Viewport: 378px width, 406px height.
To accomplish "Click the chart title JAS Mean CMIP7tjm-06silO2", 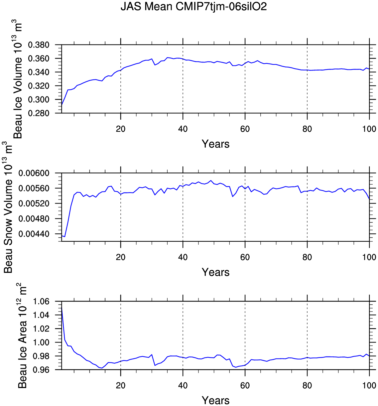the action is (x=193, y=7).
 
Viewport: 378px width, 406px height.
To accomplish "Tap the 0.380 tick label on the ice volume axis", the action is (x=39, y=45).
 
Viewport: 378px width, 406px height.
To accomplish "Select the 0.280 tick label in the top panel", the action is (x=39, y=113).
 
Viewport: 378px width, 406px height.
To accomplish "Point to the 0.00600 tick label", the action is (x=34, y=173).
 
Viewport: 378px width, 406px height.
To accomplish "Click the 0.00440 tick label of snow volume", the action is (x=34, y=234).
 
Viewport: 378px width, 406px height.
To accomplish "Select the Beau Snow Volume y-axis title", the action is (x=8, y=207).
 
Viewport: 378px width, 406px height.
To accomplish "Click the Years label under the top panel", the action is (x=215, y=144).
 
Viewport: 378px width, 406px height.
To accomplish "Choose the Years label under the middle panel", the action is (x=215, y=272).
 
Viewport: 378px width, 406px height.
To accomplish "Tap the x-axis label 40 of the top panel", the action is (x=183, y=129).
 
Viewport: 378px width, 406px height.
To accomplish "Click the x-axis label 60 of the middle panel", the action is (x=245, y=257).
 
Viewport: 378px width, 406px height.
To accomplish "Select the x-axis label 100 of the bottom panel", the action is (x=369, y=386).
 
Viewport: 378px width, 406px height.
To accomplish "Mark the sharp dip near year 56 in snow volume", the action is (x=232, y=197).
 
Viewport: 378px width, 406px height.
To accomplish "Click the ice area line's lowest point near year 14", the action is (x=102, y=368).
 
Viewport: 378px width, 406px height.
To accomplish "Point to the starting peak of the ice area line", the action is (x=62, y=308).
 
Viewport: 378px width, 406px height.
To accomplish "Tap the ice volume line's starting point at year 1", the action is (x=62, y=105).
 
